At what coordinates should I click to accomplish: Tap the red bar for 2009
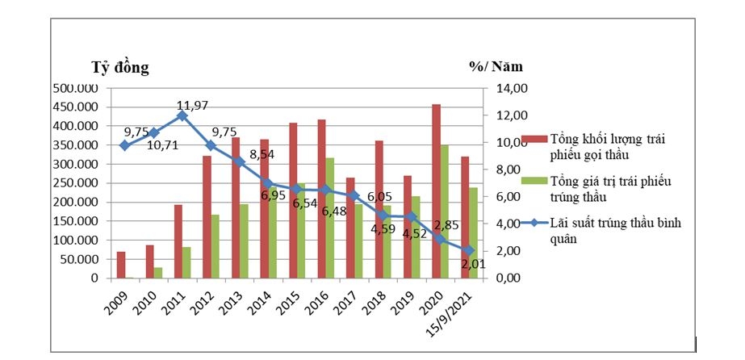[121, 265]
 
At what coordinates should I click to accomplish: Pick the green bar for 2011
[186, 262]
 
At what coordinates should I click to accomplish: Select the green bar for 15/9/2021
[474, 233]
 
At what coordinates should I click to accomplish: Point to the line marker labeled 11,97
[182, 115]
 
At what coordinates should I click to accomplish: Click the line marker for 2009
[124, 145]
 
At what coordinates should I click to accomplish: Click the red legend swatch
[534, 140]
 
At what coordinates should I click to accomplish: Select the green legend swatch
[534, 181]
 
